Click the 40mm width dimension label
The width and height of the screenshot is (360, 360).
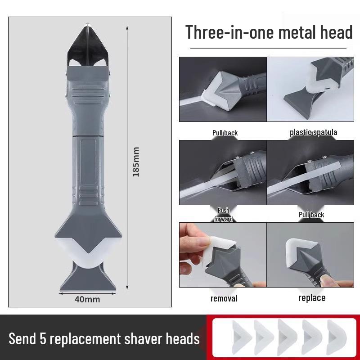(x=88, y=299)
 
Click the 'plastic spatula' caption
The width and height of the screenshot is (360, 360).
(x=313, y=132)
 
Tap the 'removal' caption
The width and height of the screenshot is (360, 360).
(x=224, y=298)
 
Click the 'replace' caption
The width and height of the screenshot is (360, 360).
(x=312, y=298)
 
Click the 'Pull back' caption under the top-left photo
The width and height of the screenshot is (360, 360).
(x=225, y=133)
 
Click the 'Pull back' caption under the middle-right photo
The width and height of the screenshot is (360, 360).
(x=311, y=215)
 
